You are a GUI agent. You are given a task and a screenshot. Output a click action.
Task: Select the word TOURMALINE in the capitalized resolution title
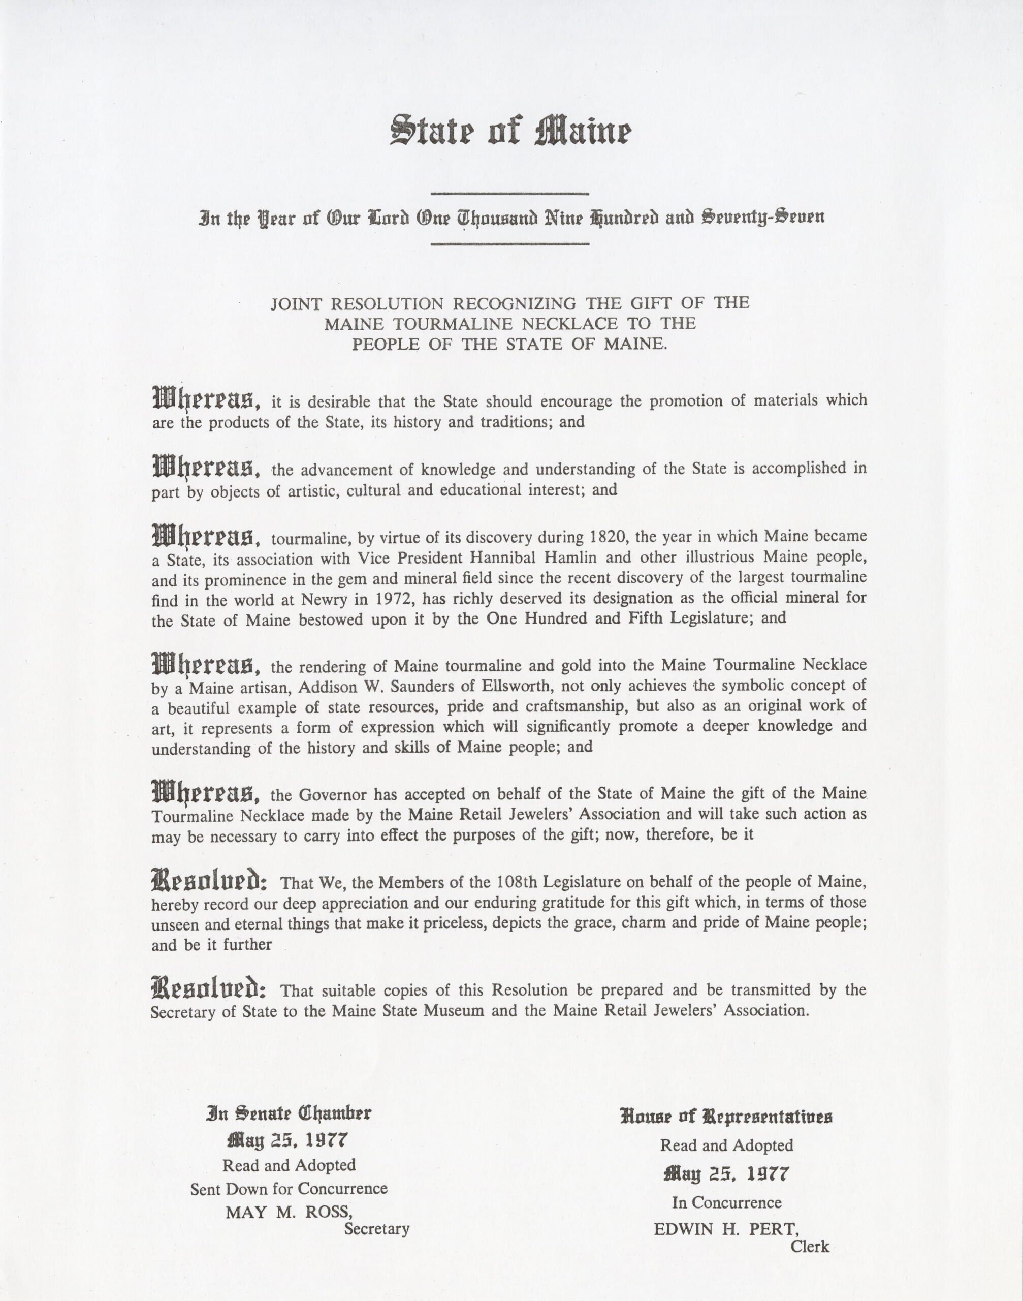(457, 324)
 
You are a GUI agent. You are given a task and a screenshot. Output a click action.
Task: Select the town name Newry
(337, 599)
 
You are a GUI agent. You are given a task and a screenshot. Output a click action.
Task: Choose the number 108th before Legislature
(519, 882)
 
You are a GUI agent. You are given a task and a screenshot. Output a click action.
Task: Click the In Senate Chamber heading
(289, 1113)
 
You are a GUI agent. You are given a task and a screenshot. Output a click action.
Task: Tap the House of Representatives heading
(726, 1117)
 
